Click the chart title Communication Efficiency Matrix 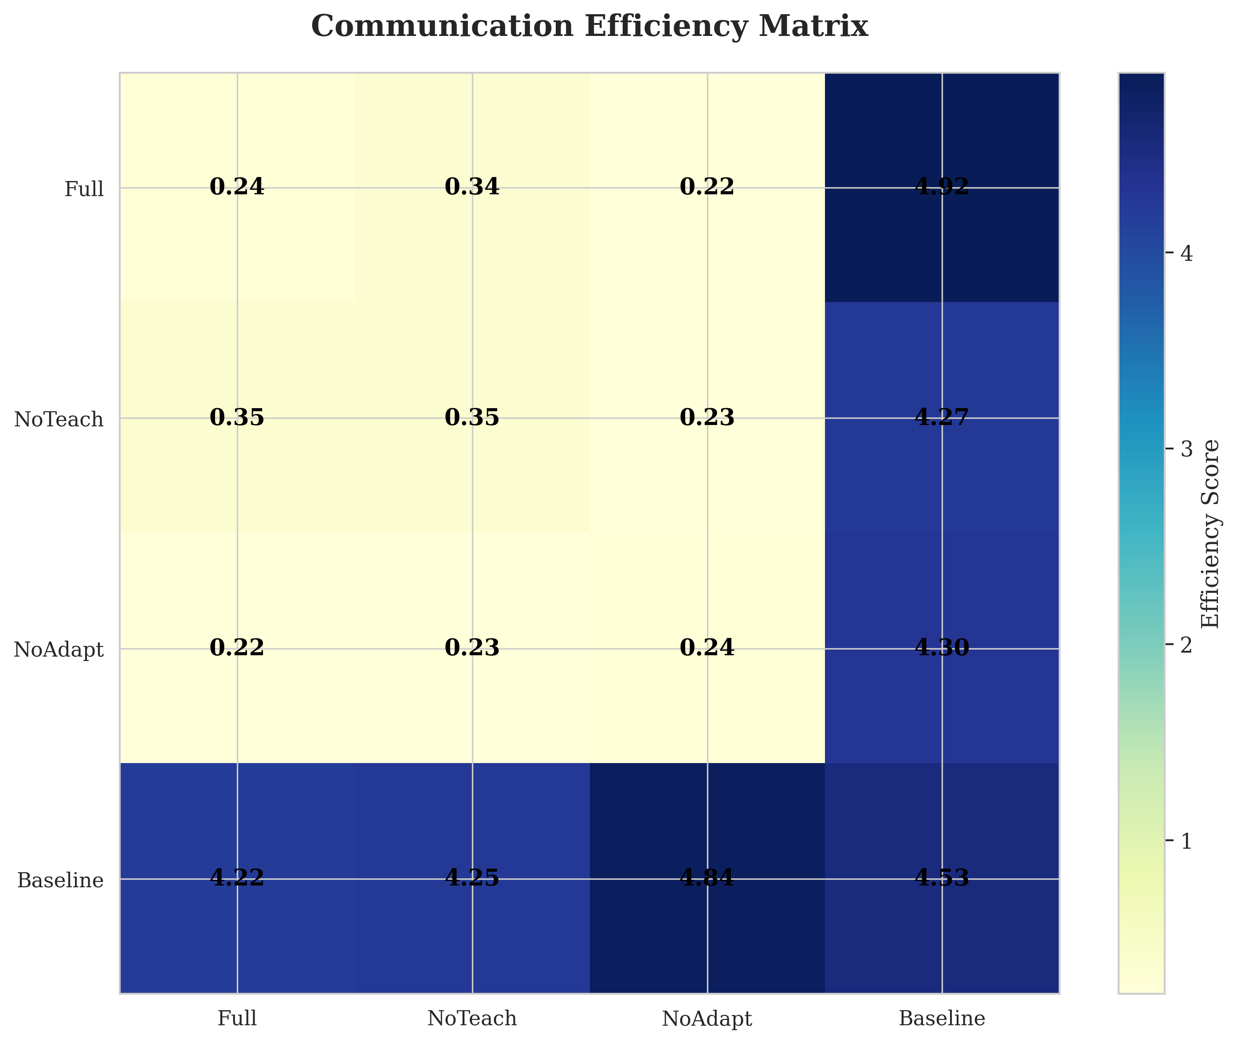tap(589, 27)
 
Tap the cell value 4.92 tap(942, 187)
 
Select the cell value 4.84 tap(707, 878)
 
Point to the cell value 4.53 tap(942, 878)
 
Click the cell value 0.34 tap(471, 187)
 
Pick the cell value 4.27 tap(942, 417)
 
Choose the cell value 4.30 tap(942, 648)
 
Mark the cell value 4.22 tap(237, 878)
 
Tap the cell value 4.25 tap(471, 878)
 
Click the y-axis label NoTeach tap(59, 420)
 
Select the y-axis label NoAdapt tap(59, 650)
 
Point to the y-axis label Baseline tap(60, 880)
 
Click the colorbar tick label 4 tap(1186, 254)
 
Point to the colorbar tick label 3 tap(1186, 449)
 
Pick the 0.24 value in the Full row tap(237, 187)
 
